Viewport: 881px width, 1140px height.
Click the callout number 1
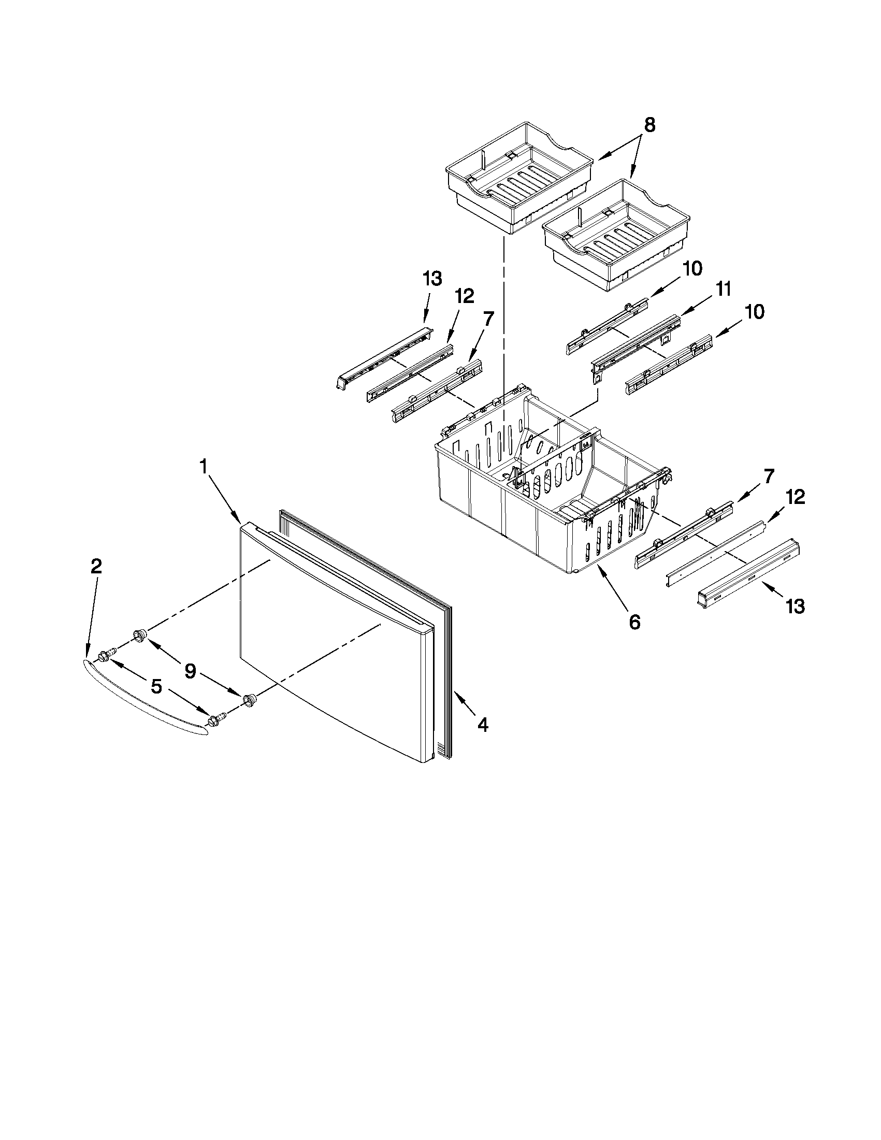coord(204,466)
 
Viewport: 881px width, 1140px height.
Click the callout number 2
coord(96,567)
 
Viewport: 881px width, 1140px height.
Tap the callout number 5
coord(156,687)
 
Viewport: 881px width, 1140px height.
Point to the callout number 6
coord(634,622)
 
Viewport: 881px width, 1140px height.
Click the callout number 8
coord(649,125)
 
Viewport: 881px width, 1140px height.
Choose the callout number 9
coord(191,671)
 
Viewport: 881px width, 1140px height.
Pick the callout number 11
coord(723,289)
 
